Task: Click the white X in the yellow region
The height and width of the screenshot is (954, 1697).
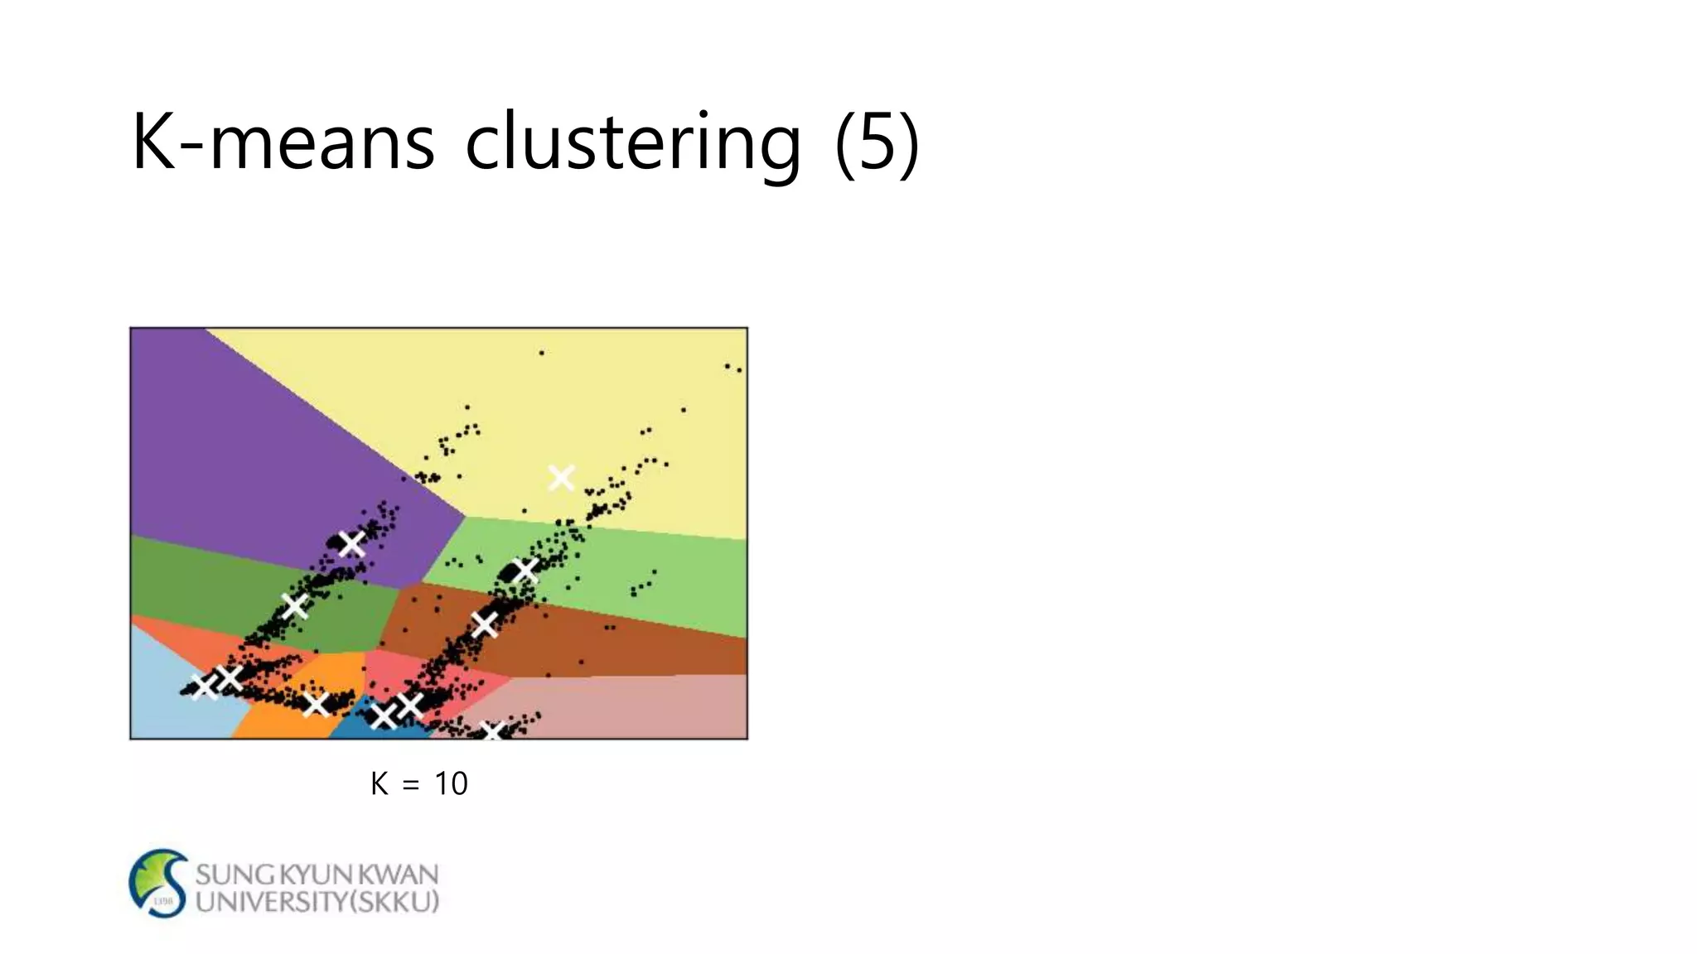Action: click(x=561, y=478)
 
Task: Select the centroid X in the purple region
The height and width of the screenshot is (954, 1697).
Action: click(x=352, y=543)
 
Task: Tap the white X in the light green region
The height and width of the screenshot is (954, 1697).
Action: click(x=525, y=570)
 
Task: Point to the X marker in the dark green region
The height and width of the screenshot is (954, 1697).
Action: click(x=294, y=606)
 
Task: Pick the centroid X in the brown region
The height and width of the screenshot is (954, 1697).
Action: click(x=485, y=624)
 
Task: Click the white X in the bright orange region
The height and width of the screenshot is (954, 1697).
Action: click(x=316, y=705)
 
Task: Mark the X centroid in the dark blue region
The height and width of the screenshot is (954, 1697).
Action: click(x=383, y=715)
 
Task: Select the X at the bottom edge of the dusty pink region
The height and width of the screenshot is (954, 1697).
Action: click(x=493, y=731)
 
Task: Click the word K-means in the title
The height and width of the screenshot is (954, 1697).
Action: click(x=283, y=142)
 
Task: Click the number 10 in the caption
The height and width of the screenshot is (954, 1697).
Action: click(x=451, y=783)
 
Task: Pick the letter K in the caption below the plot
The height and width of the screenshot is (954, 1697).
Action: click(x=380, y=783)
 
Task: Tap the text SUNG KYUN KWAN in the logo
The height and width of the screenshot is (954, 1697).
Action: click(x=317, y=874)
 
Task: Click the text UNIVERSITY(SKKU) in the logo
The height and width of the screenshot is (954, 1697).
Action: click(x=317, y=902)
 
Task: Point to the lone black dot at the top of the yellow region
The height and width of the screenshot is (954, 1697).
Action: click(x=542, y=353)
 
